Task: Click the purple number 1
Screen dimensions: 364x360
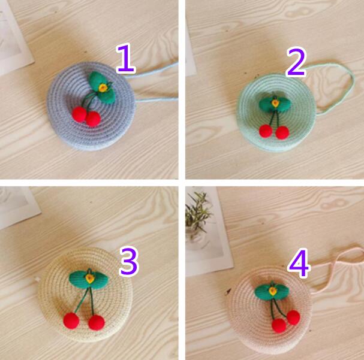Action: click(125, 59)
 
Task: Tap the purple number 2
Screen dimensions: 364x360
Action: click(296, 62)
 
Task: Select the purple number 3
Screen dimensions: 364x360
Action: click(129, 262)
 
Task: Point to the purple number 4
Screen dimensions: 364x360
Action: click(299, 263)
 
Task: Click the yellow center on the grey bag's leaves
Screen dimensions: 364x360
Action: click(103, 87)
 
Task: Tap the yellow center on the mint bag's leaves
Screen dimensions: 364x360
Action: click(275, 103)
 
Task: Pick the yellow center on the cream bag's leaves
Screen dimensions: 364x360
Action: click(89, 279)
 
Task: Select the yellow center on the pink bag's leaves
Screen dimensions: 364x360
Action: click(272, 291)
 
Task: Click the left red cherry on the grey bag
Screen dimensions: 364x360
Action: click(79, 114)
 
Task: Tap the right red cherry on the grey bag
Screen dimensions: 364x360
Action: click(94, 119)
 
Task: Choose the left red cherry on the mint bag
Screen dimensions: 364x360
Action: click(266, 131)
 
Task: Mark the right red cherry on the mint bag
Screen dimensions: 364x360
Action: click(282, 132)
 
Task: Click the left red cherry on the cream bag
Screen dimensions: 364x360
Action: click(71, 321)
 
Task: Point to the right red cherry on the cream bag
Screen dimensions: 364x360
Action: click(97, 322)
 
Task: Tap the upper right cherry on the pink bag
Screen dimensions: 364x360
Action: click(293, 317)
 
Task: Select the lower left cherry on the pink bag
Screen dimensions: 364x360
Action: click(279, 325)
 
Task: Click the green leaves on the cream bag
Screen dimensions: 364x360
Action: click(89, 279)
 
